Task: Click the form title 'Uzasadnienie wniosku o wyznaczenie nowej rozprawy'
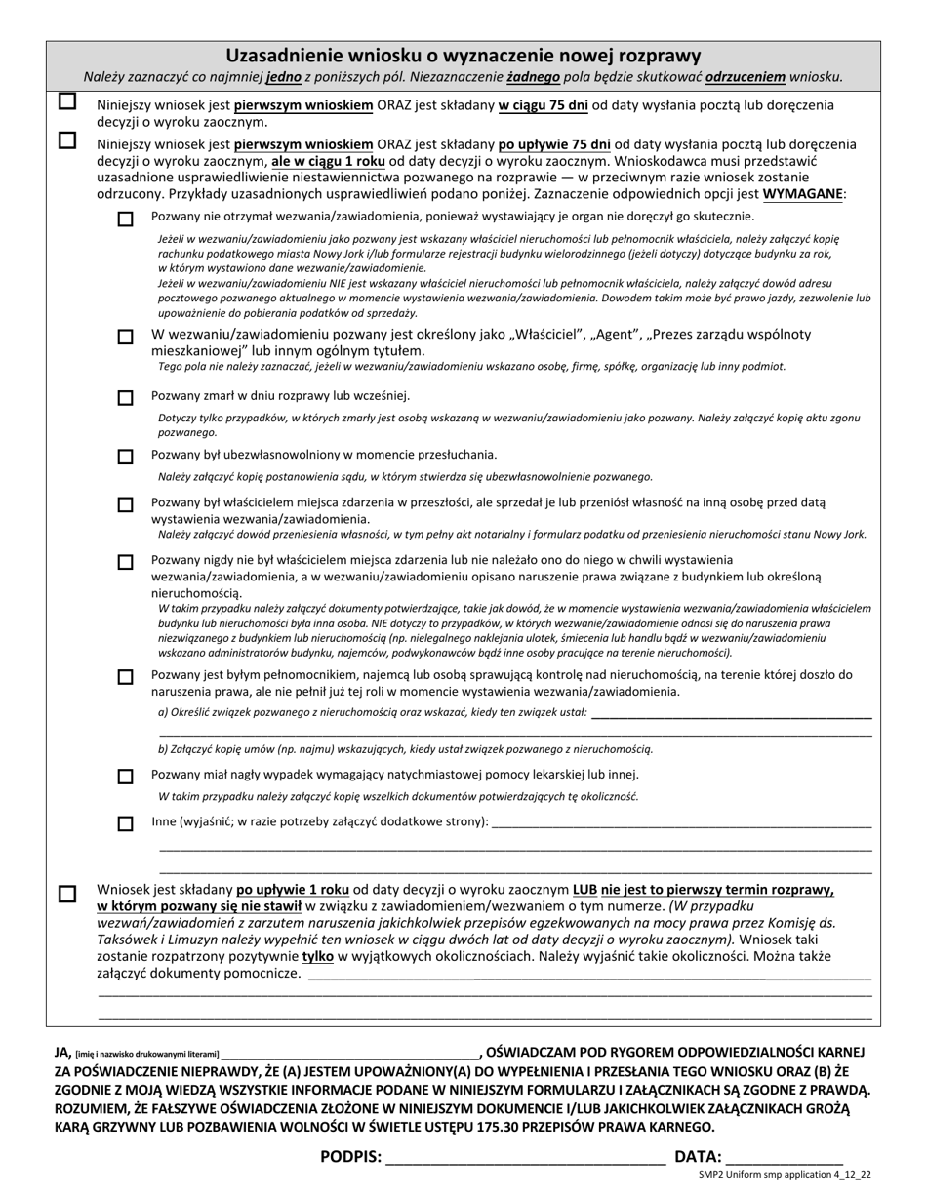(463, 56)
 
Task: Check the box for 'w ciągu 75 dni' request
(67, 101)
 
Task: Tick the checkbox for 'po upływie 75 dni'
(67, 140)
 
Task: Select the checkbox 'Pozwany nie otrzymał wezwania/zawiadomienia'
(125, 219)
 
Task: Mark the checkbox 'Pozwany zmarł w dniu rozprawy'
(125, 397)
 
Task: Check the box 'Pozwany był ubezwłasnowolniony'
(125, 456)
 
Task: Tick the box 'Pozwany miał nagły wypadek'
(125, 777)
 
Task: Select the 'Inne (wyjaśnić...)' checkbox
(125, 823)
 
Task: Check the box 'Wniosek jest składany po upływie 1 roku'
(67, 893)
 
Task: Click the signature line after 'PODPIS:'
(525, 1159)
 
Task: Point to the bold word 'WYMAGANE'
(804, 194)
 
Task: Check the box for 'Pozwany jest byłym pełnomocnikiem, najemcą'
(125, 676)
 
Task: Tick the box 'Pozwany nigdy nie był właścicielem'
(125, 562)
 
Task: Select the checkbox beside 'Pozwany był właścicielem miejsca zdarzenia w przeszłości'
(125, 504)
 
